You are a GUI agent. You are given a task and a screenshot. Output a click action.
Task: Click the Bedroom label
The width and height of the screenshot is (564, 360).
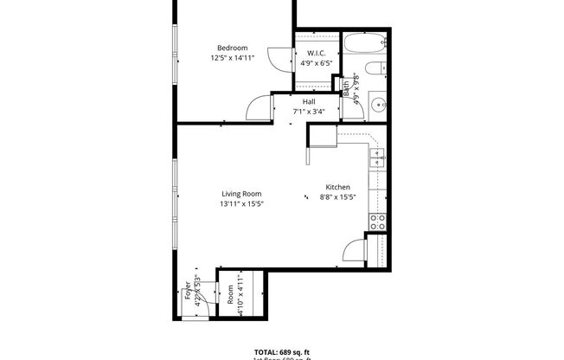(x=232, y=48)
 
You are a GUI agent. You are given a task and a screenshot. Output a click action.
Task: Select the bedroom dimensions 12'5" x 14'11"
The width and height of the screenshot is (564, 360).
(x=232, y=59)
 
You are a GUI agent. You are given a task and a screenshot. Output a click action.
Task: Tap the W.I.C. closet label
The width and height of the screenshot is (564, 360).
(x=316, y=53)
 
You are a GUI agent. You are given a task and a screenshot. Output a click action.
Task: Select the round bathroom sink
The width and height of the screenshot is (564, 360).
(x=378, y=106)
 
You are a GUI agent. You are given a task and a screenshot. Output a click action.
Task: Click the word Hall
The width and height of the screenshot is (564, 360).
(x=308, y=101)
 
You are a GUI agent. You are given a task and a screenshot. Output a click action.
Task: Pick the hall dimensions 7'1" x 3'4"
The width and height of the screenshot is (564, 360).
(x=308, y=111)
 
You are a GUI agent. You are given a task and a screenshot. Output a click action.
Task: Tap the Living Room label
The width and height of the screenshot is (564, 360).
(x=241, y=194)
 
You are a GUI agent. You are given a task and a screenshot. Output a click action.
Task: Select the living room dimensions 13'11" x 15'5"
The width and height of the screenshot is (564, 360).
(x=241, y=204)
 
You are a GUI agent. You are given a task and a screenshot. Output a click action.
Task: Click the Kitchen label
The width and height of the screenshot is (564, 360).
(x=337, y=187)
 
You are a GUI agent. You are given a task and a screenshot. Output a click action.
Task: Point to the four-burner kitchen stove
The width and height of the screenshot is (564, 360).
(x=377, y=222)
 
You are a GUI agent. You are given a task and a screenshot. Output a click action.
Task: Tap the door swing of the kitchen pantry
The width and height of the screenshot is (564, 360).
(x=356, y=252)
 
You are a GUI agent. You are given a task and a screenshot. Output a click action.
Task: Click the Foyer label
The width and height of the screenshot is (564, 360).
(x=188, y=292)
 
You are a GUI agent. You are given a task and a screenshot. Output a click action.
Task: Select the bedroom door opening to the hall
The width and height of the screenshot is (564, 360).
(x=259, y=107)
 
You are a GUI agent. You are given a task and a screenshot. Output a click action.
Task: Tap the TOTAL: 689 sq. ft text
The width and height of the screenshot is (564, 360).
(x=281, y=351)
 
